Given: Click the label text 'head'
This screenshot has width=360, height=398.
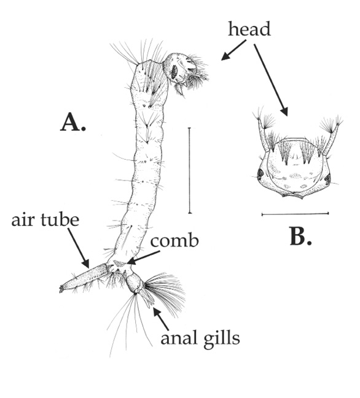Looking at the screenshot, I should point(249,29).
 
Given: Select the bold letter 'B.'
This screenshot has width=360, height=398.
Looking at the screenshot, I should point(300,236).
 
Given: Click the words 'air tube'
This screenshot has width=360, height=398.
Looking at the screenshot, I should point(44,220).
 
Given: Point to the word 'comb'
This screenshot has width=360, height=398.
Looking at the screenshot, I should point(176,241).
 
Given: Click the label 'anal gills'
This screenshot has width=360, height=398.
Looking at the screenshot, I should point(199,337).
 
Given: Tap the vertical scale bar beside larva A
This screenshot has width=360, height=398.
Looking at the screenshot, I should point(189,170).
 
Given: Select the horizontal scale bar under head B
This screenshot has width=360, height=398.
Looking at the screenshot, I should point(295,214).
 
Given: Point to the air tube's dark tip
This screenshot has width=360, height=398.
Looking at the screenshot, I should point(63,287).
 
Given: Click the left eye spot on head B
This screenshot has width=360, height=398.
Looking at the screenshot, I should point(260,174).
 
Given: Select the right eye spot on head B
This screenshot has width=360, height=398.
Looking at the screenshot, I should point(327,179).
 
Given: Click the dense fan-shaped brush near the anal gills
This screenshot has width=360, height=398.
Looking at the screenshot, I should point(165,289).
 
